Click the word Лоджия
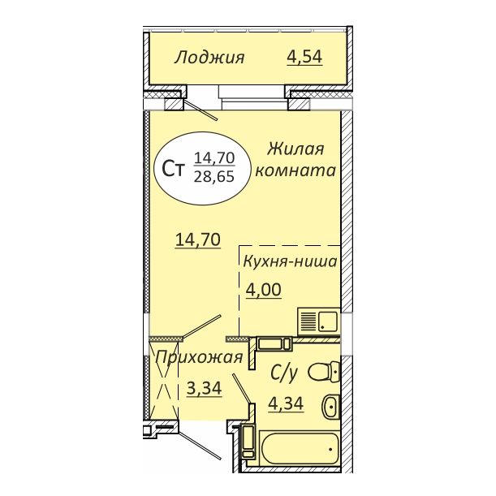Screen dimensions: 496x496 click(209, 58)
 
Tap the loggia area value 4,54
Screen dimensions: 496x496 click(304, 58)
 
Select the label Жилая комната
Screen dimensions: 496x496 click(295, 160)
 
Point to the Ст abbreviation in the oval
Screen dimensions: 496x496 click(172, 168)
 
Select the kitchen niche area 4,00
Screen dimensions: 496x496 click(264, 291)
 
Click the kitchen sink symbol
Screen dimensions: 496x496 click(320, 319)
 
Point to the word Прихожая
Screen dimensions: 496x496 click(199, 358)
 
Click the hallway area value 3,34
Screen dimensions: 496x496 click(205, 389)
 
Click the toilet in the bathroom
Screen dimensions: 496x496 click(326, 372)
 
